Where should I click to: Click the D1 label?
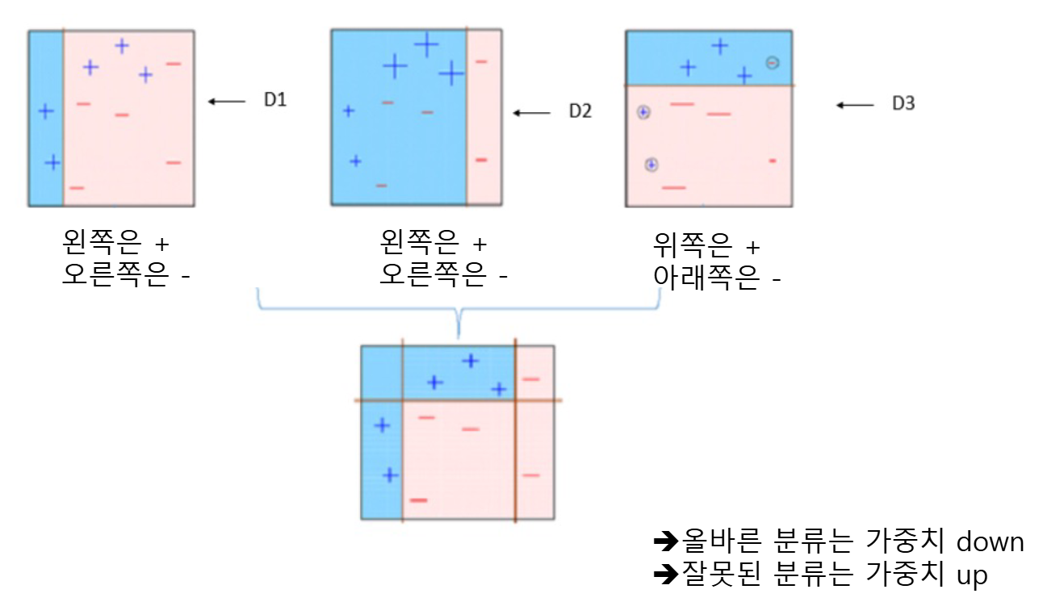pos(275,101)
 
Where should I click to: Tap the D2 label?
pos(580,111)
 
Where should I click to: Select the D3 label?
pos(903,104)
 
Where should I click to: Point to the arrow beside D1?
pos(227,101)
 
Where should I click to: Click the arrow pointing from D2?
pos(532,112)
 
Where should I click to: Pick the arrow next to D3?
pos(855,104)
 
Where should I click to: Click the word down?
pos(990,541)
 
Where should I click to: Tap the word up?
pos(972,575)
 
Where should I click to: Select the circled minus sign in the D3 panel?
pos(773,62)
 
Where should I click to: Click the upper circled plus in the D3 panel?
pos(643,113)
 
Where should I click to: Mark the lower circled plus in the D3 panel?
pos(651,165)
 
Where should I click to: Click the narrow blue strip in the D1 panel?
pos(45,118)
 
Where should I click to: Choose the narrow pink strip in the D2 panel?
pos(484,118)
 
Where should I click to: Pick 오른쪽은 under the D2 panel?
pos(433,275)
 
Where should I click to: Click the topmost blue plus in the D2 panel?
pos(425,45)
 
